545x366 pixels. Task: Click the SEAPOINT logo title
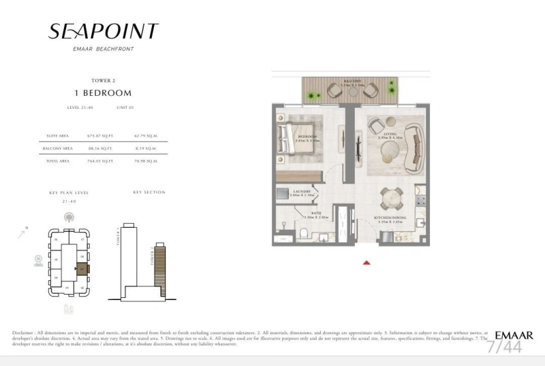coord(103,31)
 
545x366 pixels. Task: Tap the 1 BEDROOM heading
coord(103,93)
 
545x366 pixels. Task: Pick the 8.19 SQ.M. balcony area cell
coord(146,148)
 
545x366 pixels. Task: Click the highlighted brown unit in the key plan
coord(82,268)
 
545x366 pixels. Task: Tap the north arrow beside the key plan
coord(24,233)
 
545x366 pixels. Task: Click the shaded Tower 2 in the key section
coord(161,269)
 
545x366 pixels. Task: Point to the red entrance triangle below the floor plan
coord(367,262)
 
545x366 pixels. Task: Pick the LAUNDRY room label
coord(302,191)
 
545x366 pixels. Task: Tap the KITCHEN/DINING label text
coord(389,218)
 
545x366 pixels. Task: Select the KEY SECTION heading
coord(149,193)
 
